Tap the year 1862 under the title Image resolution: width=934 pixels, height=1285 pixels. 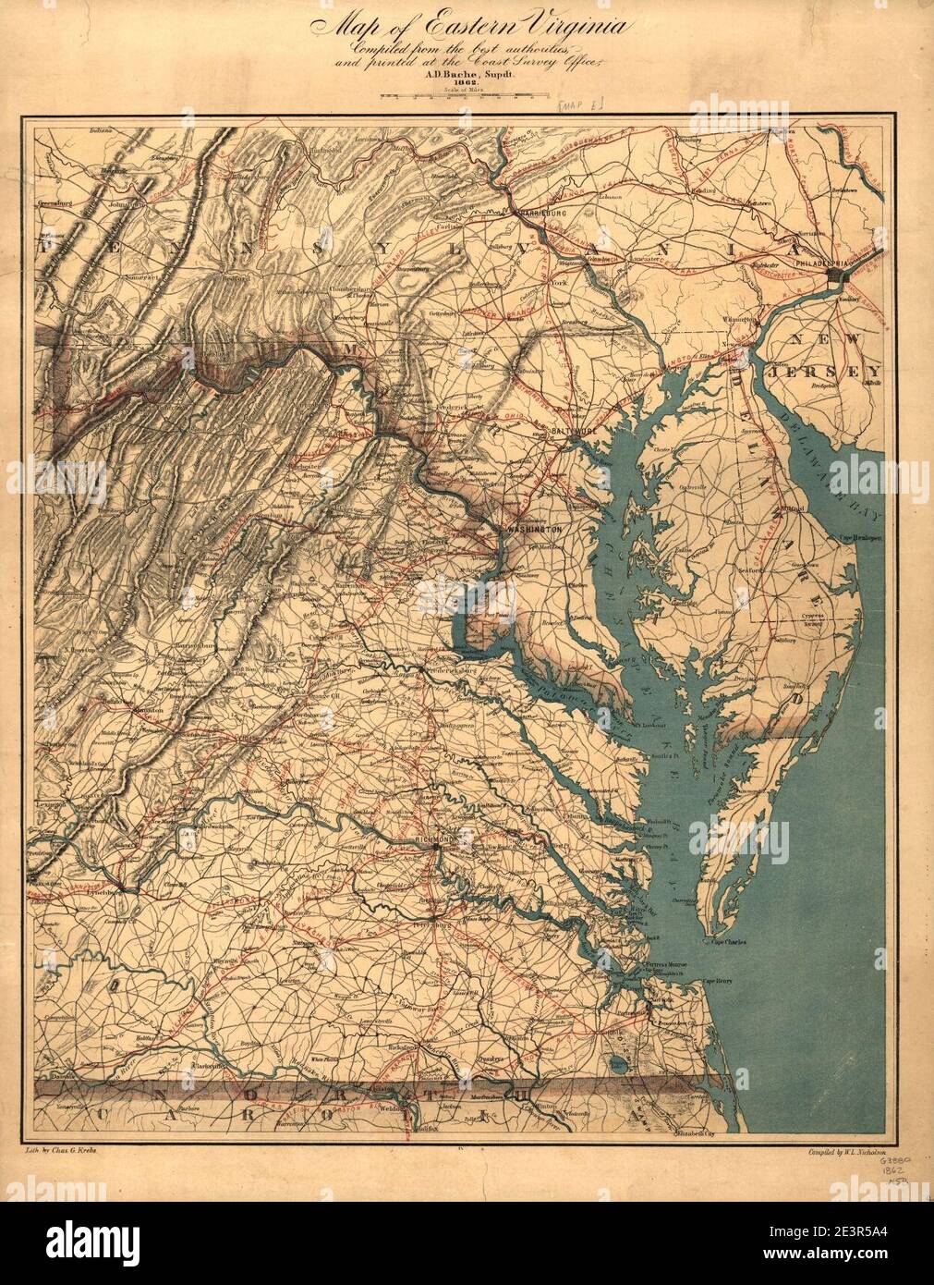pos(451,81)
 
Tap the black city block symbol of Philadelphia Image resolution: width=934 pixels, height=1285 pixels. pos(837,275)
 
